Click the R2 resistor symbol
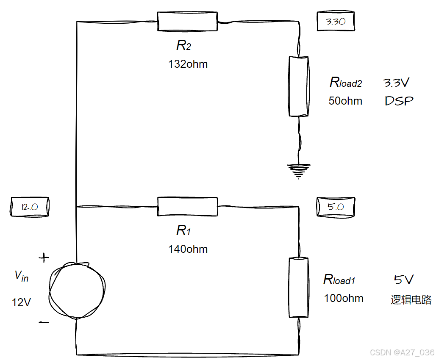pos(187,21)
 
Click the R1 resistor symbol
pos(187,207)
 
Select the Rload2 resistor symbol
pos(299,87)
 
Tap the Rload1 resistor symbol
pos(299,287)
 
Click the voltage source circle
pos(76,290)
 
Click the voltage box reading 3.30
pos(335,21)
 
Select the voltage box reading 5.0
pos(335,208)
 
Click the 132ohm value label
pos(188,64)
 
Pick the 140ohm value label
pos(188,249)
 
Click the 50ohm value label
pos(345,101)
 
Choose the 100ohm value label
pos(344,298)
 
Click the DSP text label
pos(399,101)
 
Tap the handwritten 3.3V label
pos(397,83)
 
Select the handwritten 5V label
pos(403,280)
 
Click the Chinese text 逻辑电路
pos(411,300)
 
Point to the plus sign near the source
pos(44,257)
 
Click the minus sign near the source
pos(44,322)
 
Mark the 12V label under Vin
pos(21,302)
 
